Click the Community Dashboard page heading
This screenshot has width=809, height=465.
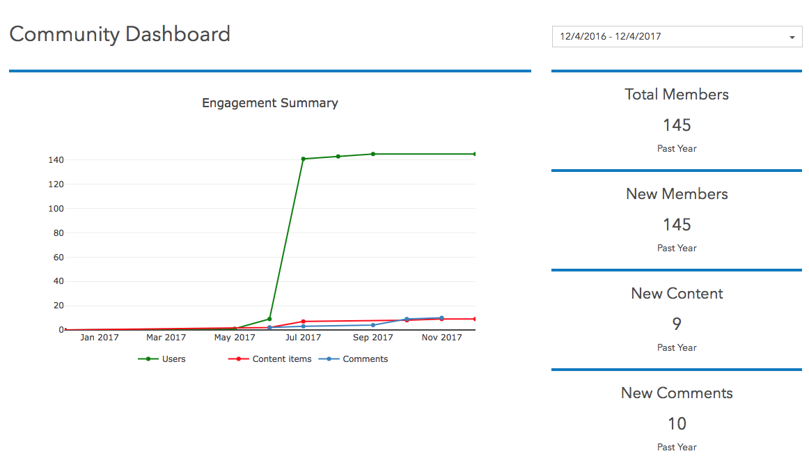click(x=120, y=34)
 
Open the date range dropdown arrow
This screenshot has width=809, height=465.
click(x=792, y=37)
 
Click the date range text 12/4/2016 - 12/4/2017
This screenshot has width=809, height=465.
click(x=611, y=36)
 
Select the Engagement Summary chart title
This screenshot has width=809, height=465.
click(x=270, y=103)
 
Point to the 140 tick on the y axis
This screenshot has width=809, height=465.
click(x=56, y=160)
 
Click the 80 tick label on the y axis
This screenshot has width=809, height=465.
click(x=58, y=232)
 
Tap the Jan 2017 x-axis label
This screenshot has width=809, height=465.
click(x=99, y=338)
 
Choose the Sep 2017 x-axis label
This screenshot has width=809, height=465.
click(x=373, y=338)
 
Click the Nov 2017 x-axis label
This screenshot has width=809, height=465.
click(x=442, y=338)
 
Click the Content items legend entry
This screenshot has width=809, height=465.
click(x=281, y=359)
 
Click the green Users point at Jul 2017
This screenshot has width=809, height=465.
click(x=304, y=159)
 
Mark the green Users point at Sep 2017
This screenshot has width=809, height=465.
click(x=373, y=154)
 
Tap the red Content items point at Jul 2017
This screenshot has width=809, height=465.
click(x=304, y=322)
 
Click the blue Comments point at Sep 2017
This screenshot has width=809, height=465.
click(x=373, y=325)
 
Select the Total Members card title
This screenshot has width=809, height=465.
click(x=677, y=95)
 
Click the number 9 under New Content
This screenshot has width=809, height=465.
click(x=677, y=324)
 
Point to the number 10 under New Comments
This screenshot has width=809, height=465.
click(x=677, y=424)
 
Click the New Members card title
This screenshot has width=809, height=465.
click(x=677, y=194)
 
